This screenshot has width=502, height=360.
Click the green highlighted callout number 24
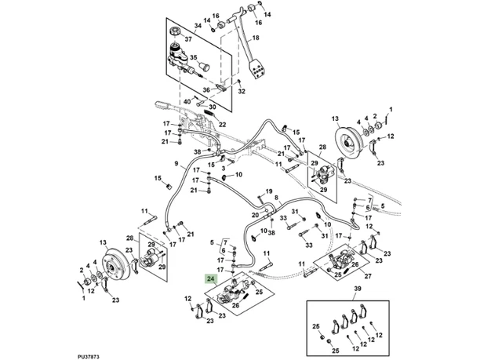tap(209, 278)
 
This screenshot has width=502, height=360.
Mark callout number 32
tap(242, 92)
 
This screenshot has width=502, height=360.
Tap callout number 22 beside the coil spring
tap(221, 125)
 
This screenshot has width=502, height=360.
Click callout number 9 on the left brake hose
tap(177, 165)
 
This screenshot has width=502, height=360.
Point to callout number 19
tap(270, 191)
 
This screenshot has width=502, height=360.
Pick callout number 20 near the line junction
tap(255, 214)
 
